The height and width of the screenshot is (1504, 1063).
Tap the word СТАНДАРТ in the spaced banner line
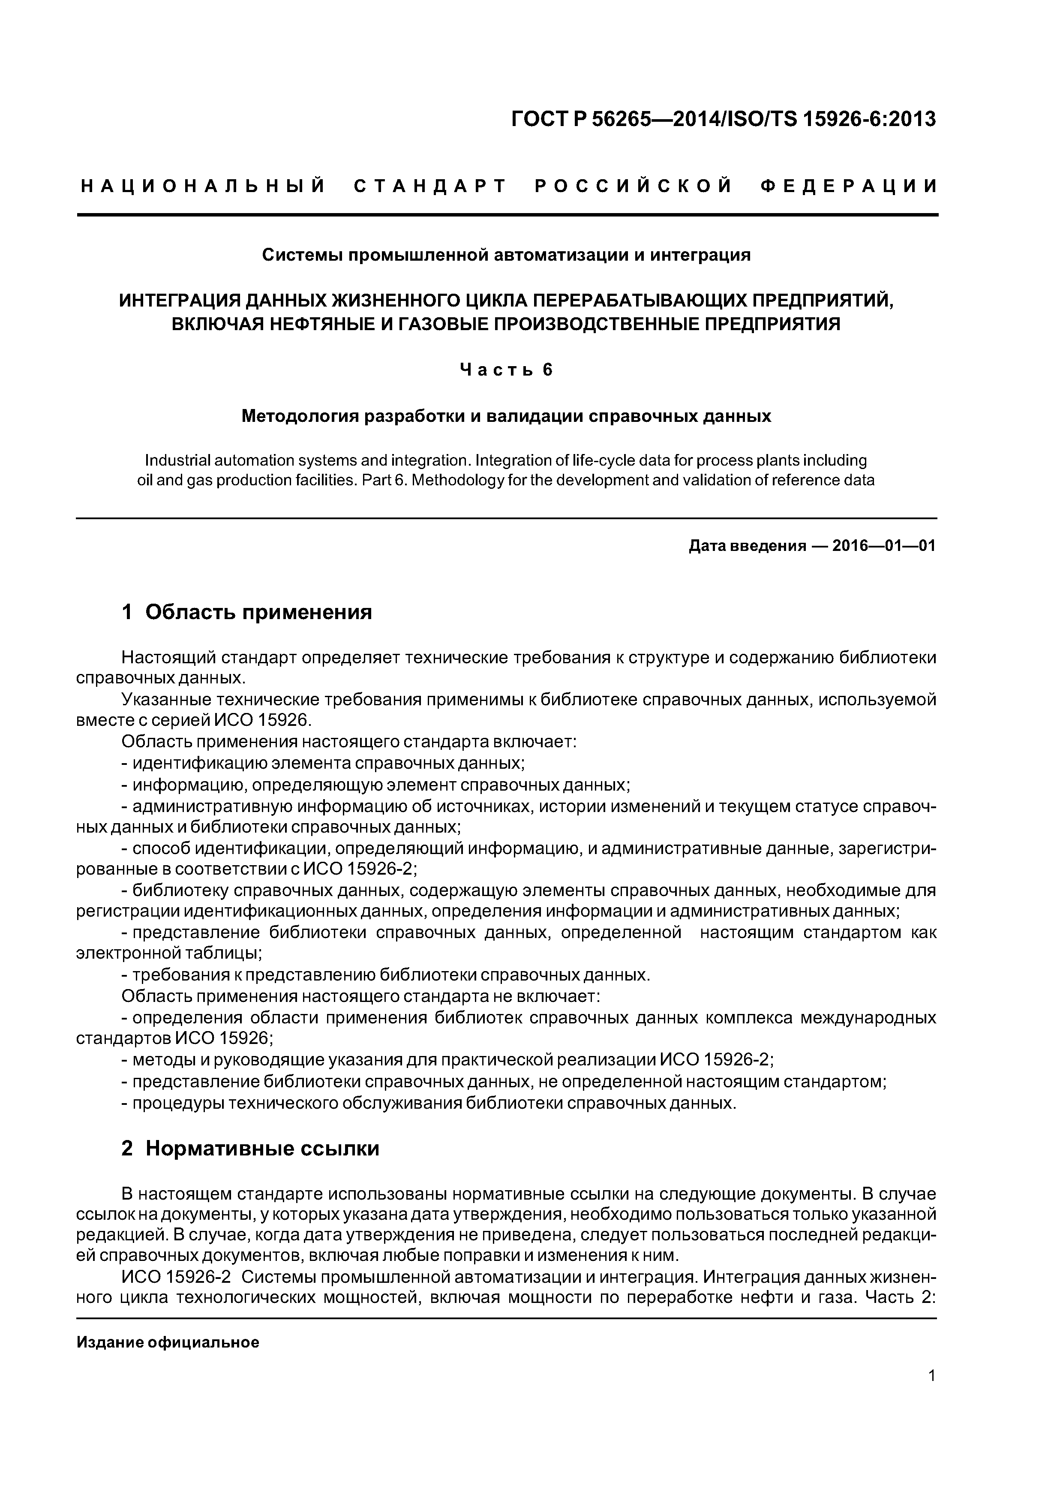pos(430,186)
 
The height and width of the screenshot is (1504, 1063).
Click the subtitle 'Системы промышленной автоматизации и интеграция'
pos(506,255)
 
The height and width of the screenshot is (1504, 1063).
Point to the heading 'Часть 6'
pos(506,370)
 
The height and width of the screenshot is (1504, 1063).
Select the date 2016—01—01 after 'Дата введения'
pos(883,546)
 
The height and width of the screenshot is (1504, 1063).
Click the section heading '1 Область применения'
pos(247,613)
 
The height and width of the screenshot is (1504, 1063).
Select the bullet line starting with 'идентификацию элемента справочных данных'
pos(327,763)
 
